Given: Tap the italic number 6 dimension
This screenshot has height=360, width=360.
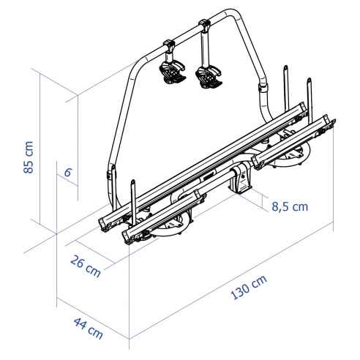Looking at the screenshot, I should [x=67, y=173].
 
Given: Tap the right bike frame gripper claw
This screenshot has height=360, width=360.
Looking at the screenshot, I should [x=209, y=75].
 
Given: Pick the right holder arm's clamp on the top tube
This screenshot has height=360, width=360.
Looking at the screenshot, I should [x=206, y=29].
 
